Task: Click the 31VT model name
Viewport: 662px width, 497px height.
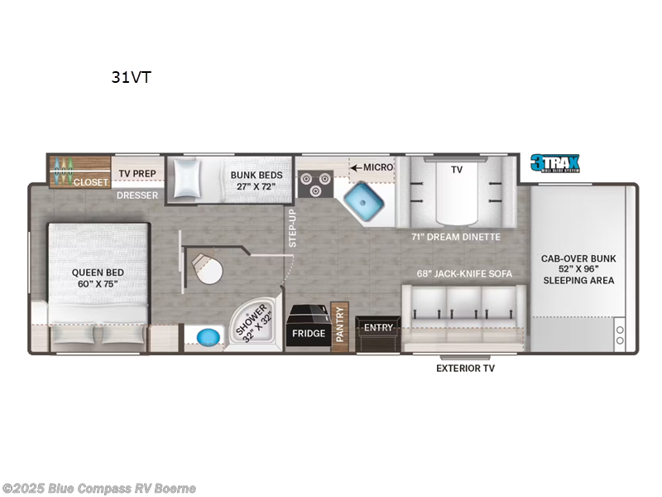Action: tap(132, 78)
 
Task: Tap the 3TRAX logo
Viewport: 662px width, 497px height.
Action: tap(555, 163)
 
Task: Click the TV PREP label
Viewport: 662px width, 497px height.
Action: tap(137, 174)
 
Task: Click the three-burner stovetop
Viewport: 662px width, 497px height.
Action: tap(314, 183)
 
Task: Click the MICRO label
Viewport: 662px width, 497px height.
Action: tap(378, 167)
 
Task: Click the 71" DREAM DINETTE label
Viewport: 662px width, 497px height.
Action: tap(456, 237)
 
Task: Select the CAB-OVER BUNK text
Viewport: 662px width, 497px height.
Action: tap(579, 258)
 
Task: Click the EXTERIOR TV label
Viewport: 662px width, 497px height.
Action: tap(465, 368)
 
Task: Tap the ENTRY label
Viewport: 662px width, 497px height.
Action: tap(378, 328)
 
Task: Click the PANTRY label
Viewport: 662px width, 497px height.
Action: tap(338, 327)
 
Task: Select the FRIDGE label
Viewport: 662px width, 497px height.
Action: tap(307, 334)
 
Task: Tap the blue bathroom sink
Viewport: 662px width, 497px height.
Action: tap(209, 338)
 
